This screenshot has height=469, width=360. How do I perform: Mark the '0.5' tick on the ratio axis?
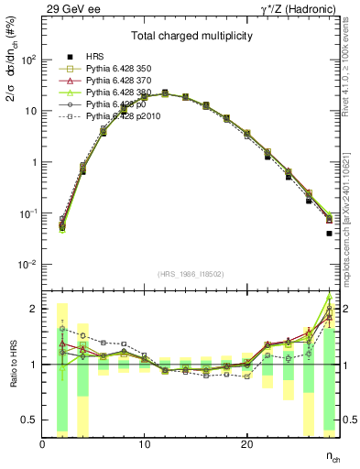click(x=28, y=420)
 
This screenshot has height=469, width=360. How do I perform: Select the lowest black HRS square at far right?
click(x=329, y=234)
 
